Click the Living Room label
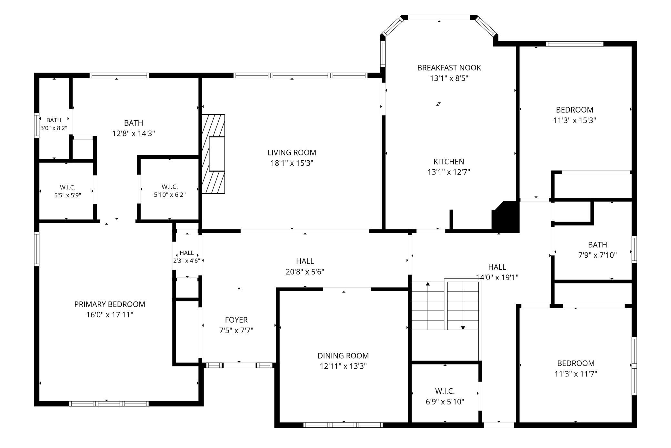pos(292,153)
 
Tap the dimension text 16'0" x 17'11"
pos(110,315)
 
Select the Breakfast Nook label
pos(449,68)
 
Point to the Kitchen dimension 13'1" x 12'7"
pos(449,172)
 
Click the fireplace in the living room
pos(213,154)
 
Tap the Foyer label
pos(236,320)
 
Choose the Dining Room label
pos(343,356)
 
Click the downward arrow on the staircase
pos(463,305)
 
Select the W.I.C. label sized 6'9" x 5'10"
pos(445,391)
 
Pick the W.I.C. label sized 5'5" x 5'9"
pos(67,187)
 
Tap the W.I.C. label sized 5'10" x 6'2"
pos(170,187)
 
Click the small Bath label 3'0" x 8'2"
pos(54,120)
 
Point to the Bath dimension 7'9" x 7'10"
pos(597,255)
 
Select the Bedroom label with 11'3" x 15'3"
pos(575,110)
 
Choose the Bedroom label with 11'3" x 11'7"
pos(576,363)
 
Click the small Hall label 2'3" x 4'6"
pos(187,253)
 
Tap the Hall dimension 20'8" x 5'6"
pos(305,272)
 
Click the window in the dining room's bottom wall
pos(343,425)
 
